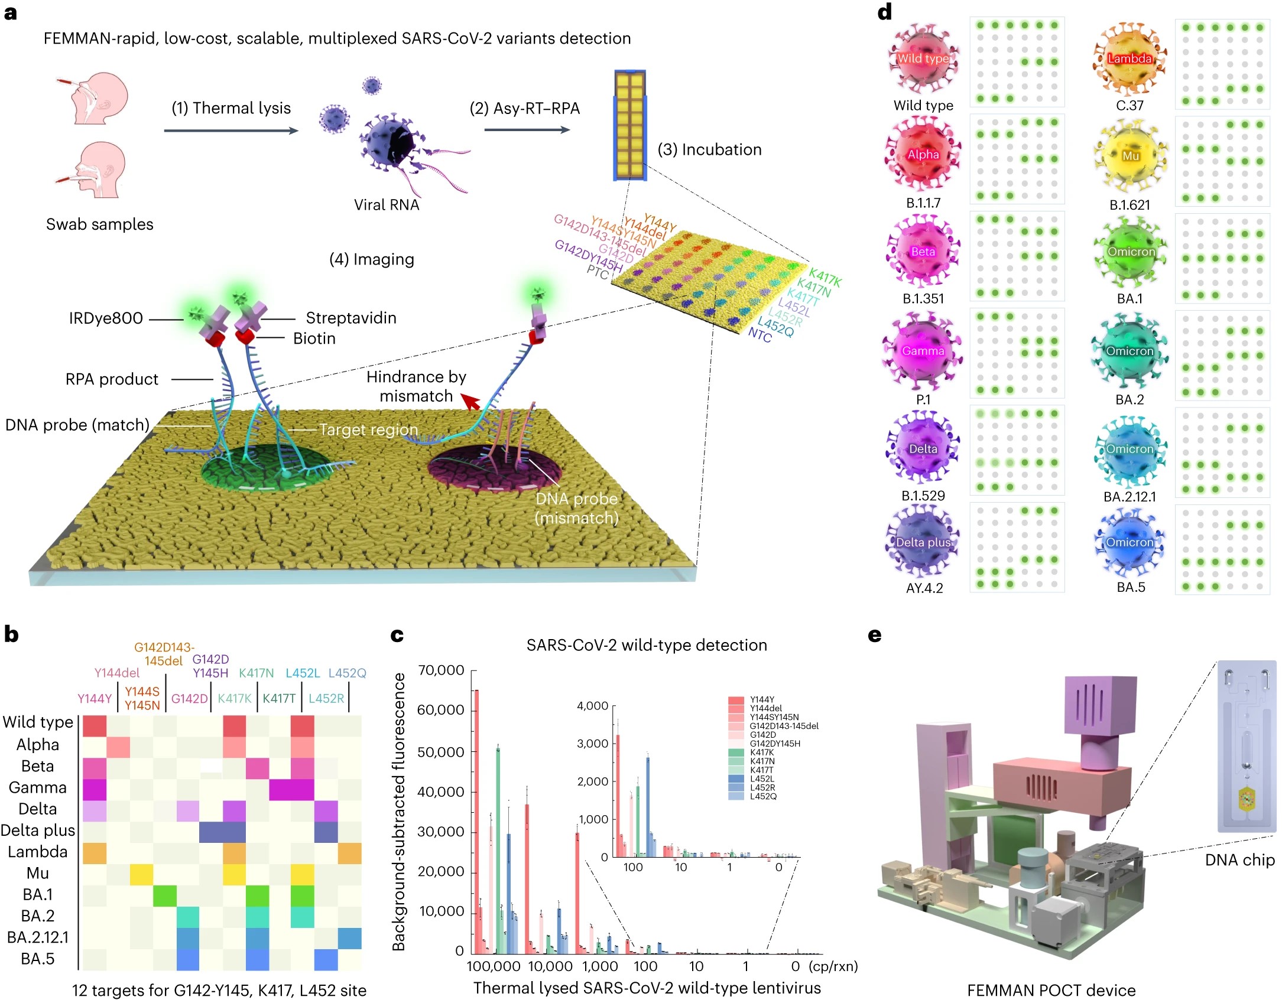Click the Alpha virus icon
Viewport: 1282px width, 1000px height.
pyautogui.click(x=923, y=155)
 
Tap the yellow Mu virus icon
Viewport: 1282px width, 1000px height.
pyautogui.click(x=1130, y=156)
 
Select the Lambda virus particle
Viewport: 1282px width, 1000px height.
pyautogui.click(x=1130, y=58)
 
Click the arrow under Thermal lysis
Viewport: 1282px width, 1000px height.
pyautogui.click(x=231, y=131)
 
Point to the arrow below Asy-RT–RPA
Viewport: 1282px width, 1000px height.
pyautogui.click(x=527, y=129)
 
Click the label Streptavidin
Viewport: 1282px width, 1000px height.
pyautogui.click(x=350, y=318)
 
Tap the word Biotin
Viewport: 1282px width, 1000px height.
pyautogui.click(x=314, y=338)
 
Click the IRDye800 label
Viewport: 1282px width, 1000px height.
pyautogui.click(x=106, y=318)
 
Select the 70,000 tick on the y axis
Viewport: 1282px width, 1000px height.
pyautogui.click(x=441, y=670)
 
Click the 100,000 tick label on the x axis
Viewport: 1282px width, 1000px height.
pyautogui.click(x=494, y=966)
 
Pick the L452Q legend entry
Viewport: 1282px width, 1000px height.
pyautogui.click(x=762, y=796)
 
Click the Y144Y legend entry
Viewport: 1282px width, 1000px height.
pyautogui.click(x=761, y=699)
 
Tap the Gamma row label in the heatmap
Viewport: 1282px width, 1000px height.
pyautogui.click(x=37, y=787)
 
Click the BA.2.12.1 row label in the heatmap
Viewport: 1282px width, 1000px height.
pyautogui.click(x=38, y=937)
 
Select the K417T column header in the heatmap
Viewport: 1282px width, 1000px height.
pyautogui.click(x=279, y=698)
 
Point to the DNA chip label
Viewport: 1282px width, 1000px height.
pyautogui.click(x=1239, y=860)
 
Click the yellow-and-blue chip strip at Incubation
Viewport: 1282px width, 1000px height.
pyautogui.click(x=629, y=125)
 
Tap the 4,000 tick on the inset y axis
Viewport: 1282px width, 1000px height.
pyautogui.click(x=592, y=706)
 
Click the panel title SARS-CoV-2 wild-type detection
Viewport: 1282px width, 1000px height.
pyautogui.click(x=647, y=645)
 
